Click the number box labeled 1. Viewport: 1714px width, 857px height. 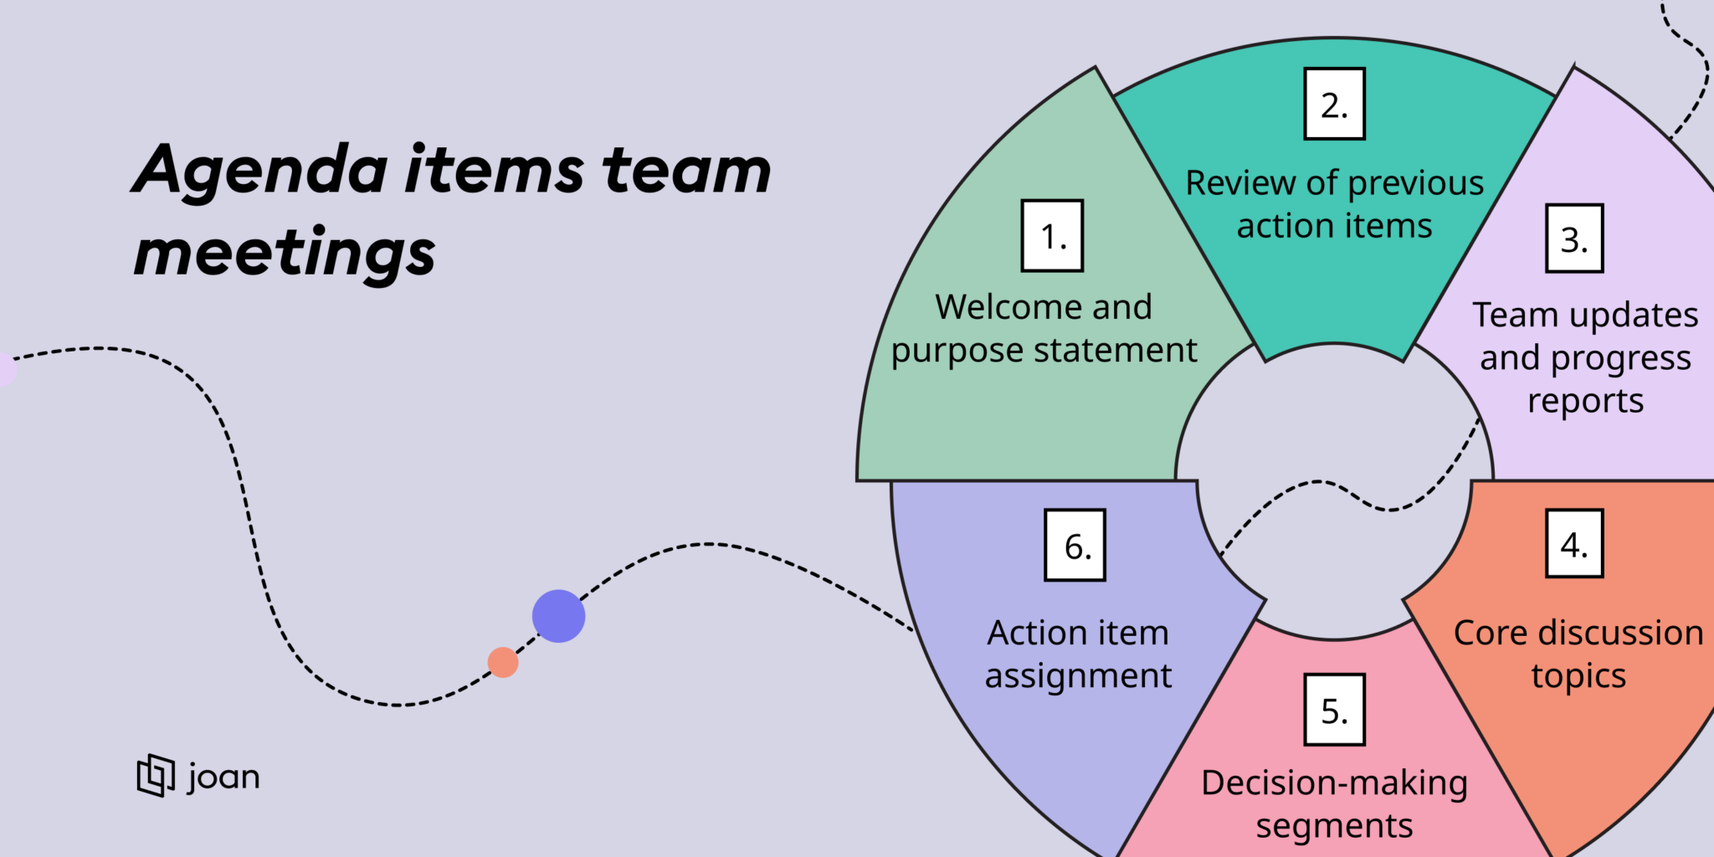1052,236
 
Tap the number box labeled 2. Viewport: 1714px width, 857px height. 1334,104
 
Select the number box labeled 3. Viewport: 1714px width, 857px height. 1574,239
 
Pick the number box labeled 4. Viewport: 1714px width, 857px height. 1574,544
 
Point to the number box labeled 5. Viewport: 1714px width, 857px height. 1334,710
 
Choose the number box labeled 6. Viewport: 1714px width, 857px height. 1075,546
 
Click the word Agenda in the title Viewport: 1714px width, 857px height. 260,172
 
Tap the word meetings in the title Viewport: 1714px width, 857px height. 285,254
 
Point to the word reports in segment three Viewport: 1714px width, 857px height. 1585,402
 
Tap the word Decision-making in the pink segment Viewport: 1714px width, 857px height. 1334,783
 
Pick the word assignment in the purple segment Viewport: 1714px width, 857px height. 1078,675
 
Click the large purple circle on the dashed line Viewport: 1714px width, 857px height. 558,616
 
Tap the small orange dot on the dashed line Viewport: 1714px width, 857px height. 503,662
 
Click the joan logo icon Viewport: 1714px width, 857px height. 156,775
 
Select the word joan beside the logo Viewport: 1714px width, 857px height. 223,777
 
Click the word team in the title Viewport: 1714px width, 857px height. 686,172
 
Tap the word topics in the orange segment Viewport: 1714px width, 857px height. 1578,675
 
